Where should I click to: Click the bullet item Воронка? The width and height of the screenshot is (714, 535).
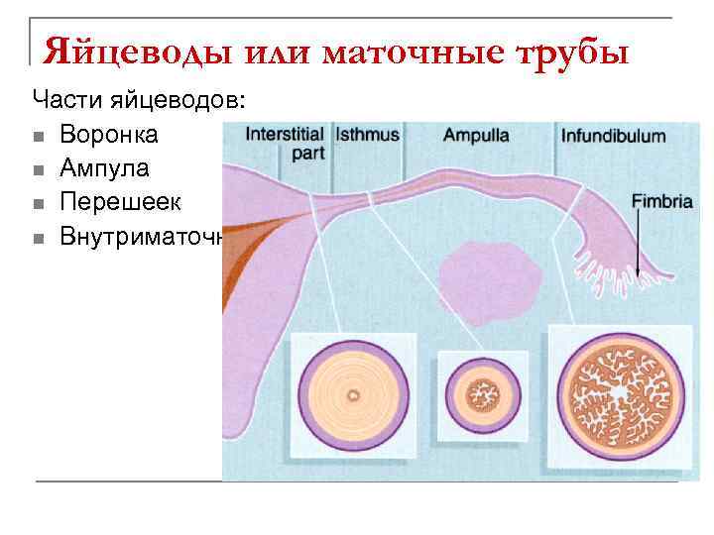[x=108, y=134]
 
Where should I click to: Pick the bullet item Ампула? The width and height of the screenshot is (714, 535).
[x=104, y=168]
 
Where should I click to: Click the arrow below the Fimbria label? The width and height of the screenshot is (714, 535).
[x=640, y=243]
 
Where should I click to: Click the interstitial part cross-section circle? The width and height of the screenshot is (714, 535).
[x=353, y=395]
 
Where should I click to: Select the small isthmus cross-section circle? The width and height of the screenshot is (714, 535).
[x=486, y=394]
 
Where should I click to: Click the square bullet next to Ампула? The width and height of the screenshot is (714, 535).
[x=38, y=169]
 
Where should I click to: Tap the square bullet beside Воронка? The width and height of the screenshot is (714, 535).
[x=38, y=135]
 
